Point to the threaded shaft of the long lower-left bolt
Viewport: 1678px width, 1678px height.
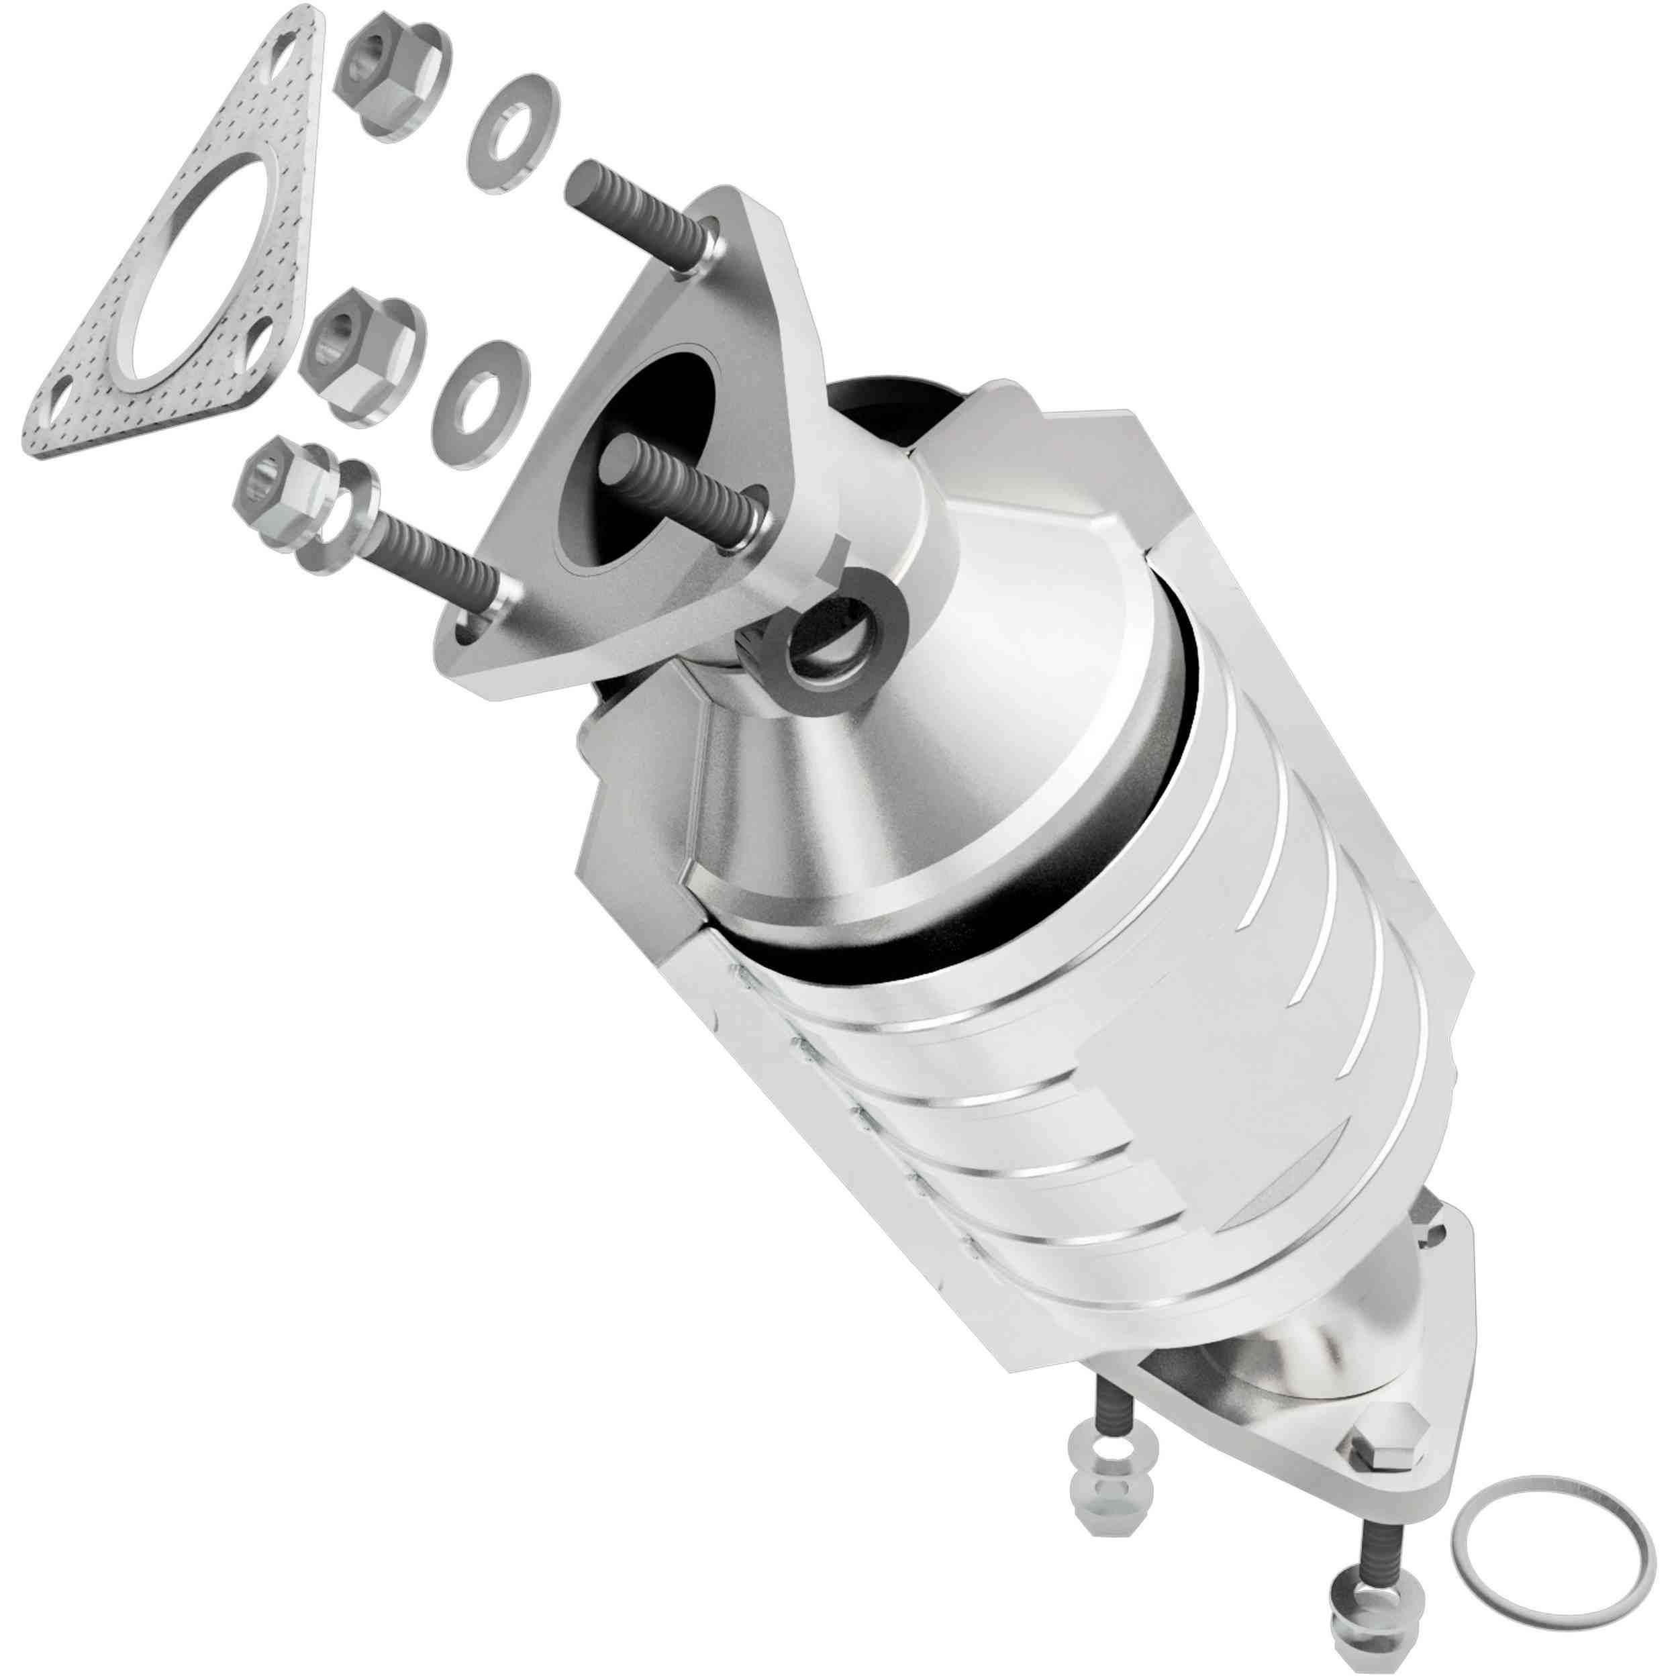[426, 556]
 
